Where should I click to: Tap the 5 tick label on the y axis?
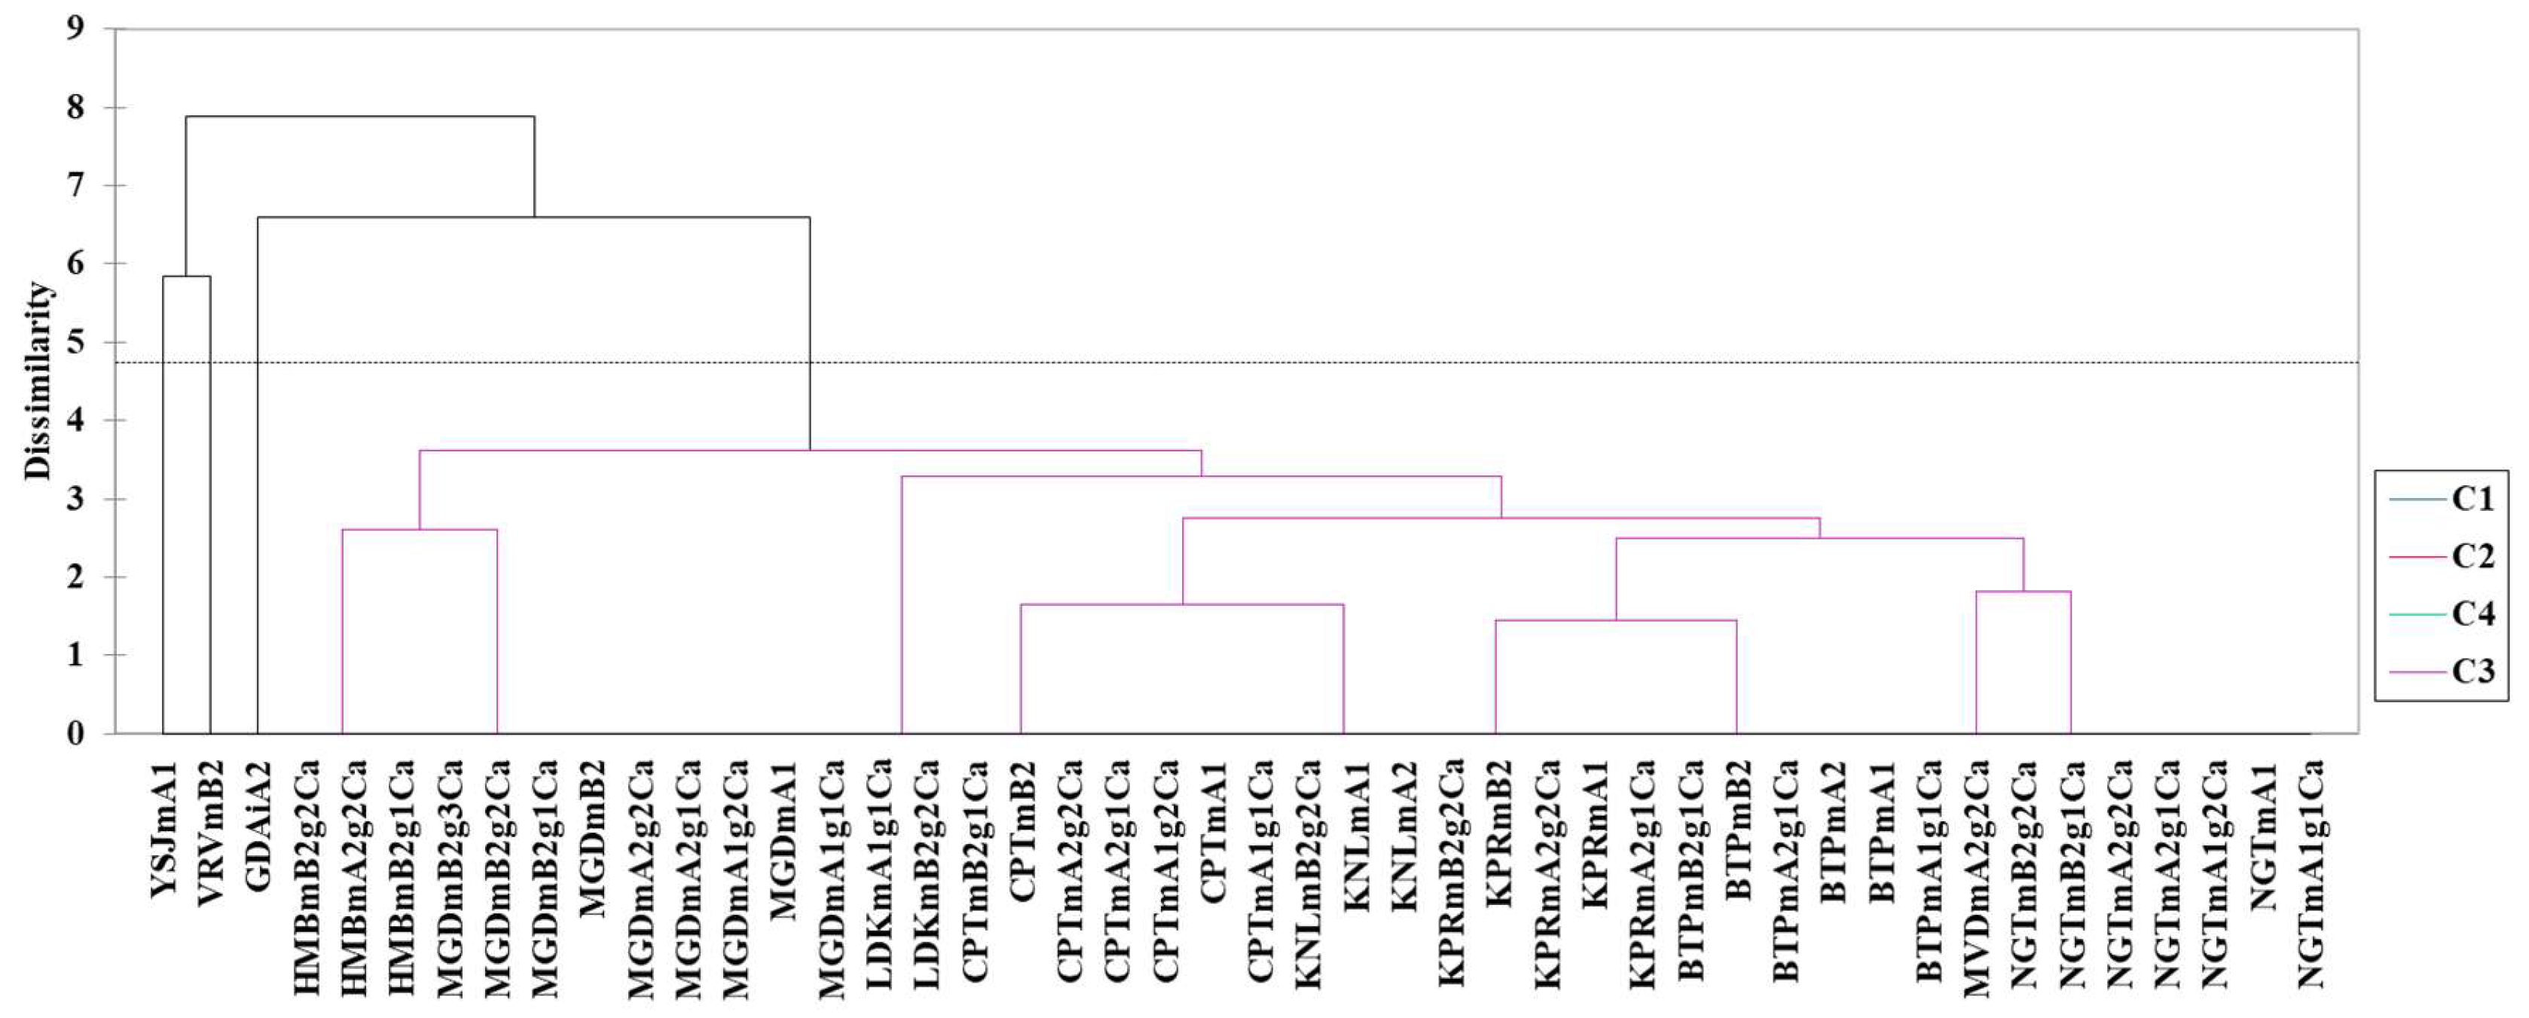75,341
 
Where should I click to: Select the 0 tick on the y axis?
75,732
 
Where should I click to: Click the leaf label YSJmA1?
163,830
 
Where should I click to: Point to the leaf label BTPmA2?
1834,830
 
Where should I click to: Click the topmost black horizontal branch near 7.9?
359,117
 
